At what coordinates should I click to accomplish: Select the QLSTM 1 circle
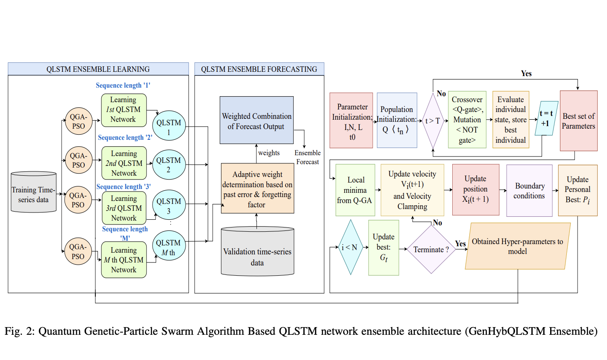point(169,127)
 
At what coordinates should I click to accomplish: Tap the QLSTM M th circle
point(169,246)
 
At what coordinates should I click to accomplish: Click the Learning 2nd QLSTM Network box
point(124,163)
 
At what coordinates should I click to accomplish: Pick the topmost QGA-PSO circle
point(78,121)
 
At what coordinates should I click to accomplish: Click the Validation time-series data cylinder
point(257,252)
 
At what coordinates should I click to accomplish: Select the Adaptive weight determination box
point(257,189)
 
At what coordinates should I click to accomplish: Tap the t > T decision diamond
point(433,121)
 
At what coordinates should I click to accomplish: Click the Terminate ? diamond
point(431,249)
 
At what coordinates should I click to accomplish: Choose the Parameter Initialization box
point(351,121)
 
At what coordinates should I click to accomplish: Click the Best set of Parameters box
point(578,121)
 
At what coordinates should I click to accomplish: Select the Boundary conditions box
point(529,191)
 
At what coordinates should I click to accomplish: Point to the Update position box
point(475,189)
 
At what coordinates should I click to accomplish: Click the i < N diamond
point(350,247)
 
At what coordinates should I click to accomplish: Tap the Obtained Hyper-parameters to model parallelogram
point(517,246)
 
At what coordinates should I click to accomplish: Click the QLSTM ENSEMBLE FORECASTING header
point(259,69)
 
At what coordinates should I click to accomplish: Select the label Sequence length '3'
point(124,187)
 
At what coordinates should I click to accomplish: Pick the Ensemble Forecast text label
point(307,157)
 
